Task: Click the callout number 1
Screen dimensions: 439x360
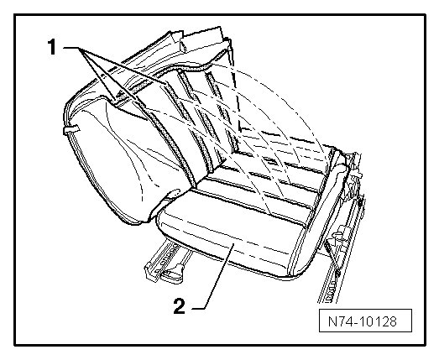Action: (52, 47)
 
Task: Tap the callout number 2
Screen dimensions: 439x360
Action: (180, 306)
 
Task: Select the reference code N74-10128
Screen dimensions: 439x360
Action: (363, 321)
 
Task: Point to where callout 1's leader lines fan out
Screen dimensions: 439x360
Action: (79, 48)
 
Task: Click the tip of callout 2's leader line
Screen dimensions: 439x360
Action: (233, 244)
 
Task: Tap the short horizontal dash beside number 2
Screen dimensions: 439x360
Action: (198, 309)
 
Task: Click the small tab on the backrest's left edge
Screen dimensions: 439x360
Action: (71, 129)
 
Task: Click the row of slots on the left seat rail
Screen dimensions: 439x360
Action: (166, 255)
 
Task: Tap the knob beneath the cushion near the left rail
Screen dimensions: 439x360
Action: (174, 272)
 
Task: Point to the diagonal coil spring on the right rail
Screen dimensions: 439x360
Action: (332, 259)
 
